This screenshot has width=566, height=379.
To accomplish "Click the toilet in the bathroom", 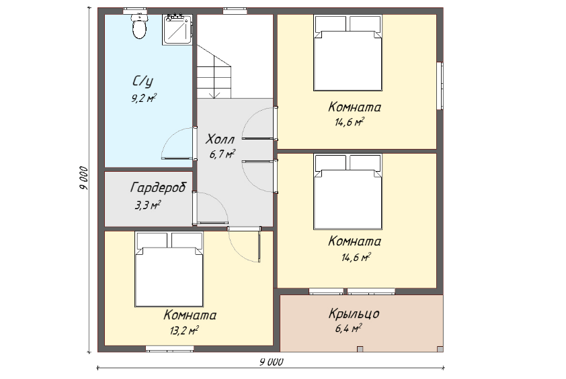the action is tap(139, 26).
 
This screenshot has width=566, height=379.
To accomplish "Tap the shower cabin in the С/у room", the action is tap(177, 30).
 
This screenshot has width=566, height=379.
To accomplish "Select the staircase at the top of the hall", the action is tap(214, 71).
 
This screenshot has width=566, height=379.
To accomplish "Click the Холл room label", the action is tap(220, 139).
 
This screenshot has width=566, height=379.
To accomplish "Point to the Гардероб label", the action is tap(158, 188).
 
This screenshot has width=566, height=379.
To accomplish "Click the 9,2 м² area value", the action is tap(144, 98).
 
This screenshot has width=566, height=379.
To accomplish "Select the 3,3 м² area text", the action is tap(147, 205).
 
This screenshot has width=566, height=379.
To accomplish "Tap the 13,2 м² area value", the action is tap(184, 330).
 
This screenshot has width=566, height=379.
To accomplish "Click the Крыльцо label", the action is tap(354, 313).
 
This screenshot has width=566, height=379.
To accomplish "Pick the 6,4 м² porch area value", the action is tap(348, 328).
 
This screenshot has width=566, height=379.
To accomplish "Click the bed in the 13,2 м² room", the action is tap(169, 269).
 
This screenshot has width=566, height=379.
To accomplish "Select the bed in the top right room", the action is tap(348, 52).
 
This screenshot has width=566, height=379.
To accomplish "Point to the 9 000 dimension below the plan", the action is tap(271, 362).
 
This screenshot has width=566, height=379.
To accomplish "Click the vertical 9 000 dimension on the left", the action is tap(83, 178).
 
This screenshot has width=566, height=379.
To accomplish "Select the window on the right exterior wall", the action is tap(440, 86).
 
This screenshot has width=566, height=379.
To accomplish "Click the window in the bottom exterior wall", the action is tap(169, 349).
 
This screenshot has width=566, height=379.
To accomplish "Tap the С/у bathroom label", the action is tap(143, 82).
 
